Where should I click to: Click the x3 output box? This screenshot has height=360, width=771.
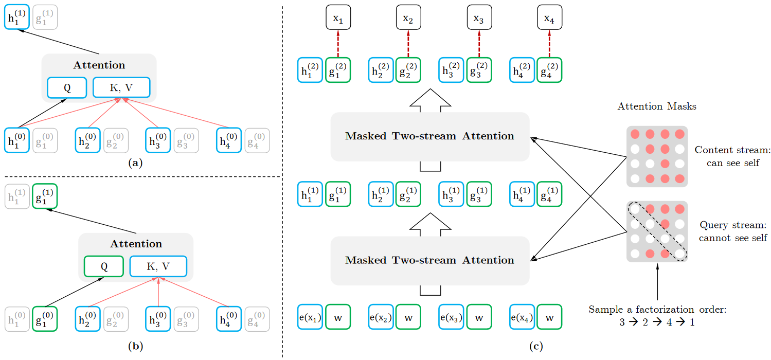tap(479, 17)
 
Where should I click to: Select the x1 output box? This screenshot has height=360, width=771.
tap(338, 17)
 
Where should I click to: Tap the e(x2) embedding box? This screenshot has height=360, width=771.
tap(381, 317)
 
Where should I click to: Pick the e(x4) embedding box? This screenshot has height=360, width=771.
tap(522, 317)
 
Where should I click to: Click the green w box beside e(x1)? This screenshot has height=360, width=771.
tap(338, 317)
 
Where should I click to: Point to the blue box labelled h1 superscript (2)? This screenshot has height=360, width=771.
tap(310, 70)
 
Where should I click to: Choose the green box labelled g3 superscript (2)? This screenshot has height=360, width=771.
tap(479, 70)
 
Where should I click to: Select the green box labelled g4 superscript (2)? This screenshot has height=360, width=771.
tap(549, 70)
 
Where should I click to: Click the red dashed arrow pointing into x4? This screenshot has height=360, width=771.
tap(549, 44)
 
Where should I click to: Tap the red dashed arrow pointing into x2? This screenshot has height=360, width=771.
tap(408, 44)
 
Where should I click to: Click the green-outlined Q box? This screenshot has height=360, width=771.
tap(104, 266)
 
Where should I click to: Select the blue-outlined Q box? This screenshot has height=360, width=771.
tap(67, 88)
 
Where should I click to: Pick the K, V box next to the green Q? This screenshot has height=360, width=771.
tap(158, 266)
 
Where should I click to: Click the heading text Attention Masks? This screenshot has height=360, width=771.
tap(657, 106)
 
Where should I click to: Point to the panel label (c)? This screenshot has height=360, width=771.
tap(536, 346)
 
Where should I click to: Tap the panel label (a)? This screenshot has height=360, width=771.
tap(135, 163)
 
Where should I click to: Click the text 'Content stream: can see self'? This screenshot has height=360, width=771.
tap(733, 156)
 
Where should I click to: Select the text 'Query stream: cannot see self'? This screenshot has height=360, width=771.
tap(733, 231)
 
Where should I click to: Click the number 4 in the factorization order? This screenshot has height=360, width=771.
tap(669, 322)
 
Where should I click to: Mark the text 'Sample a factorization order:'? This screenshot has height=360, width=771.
tap(657, 310)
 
